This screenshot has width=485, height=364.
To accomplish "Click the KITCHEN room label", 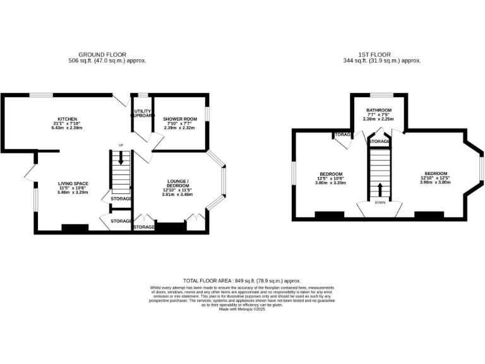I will coord(67,119).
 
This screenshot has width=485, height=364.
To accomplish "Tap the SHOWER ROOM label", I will coord(180,119).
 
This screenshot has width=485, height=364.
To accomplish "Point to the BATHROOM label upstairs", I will coord(380,110).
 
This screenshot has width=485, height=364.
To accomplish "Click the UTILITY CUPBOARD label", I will coord(141,113).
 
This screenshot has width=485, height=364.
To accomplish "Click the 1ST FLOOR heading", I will coord(380,55).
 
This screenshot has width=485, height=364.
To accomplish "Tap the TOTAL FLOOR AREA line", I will coord(242,281).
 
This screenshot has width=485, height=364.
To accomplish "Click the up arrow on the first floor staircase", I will coord(380,189).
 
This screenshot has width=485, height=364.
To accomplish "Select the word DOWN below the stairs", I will coord(380,203).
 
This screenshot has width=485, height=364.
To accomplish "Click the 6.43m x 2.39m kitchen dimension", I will coord(67,128).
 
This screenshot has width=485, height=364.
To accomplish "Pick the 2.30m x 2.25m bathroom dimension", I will coord(380,119).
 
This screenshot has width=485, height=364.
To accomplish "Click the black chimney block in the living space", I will coord(75,228).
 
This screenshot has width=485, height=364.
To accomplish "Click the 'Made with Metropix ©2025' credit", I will coord(242,309).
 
